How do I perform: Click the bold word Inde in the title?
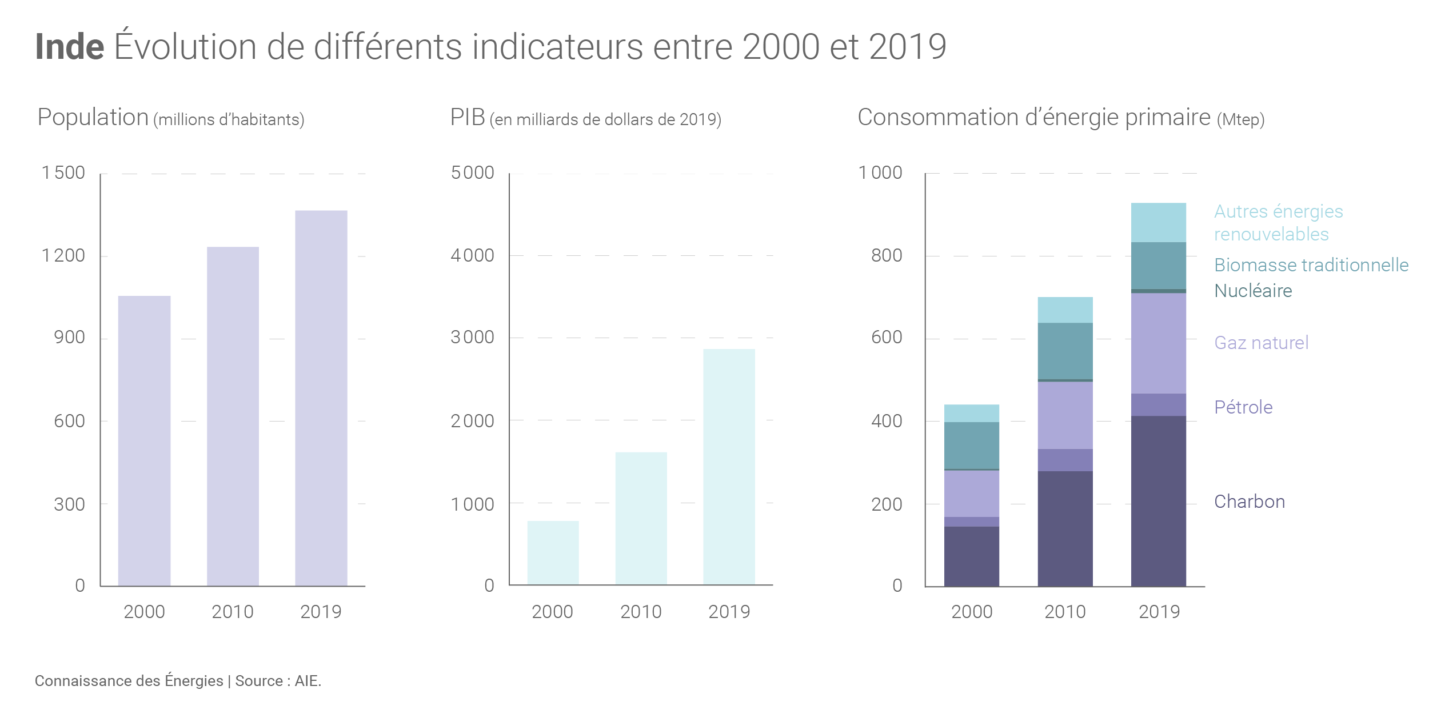(x=70, y=47)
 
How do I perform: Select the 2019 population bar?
(x=321, y=398)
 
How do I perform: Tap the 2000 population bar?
(x=144, y=440)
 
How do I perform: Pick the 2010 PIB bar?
(x=641, y=518)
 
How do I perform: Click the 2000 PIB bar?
(x=553, y=552)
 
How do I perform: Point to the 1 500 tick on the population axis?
(x=63, y=173)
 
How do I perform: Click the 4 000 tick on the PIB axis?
(x=472, y=255)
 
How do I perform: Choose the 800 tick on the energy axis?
(x=887, y=255)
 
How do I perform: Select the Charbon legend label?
(x=1250, y=502)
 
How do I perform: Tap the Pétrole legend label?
(x=1243, y=407)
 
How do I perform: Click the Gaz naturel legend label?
(x=1261, y=343)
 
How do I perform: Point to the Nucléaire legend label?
(x=1253, y=291)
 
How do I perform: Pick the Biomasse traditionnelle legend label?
(x=1311, y=265)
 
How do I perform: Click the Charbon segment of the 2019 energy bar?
(x=1158, y=500)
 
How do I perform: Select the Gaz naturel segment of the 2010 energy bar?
(x=1065, y=415)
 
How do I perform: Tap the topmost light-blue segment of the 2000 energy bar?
(x=971, y=413)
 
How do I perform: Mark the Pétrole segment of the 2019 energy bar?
(x=1158, y=404)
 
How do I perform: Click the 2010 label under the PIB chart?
(x=641, y=612)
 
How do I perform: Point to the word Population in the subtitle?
(x=93, y=117)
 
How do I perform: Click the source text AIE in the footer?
(x=307, y=681)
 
